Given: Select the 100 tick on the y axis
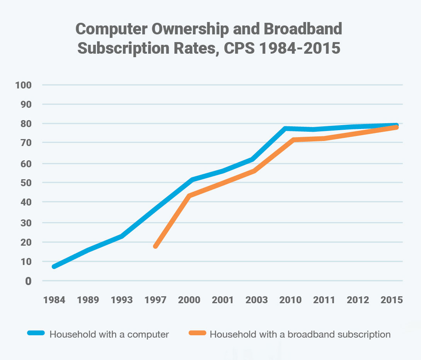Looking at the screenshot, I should pyautogui.click(x=23, y=85).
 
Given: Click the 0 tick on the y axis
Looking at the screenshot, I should pyautogui.click(x=28, y=281).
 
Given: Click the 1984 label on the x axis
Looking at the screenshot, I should pyautogui.click(x=55, y=300).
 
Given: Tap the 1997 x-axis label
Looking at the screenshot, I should pyautogui.click(x=155, y=300).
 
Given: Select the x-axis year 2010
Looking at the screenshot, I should pyautogui.click(x=290, y=300).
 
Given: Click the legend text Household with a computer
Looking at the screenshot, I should pyautogui.click(x=109, y=334).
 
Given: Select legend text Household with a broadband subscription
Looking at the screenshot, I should pyautogui.click(x=300, y=334).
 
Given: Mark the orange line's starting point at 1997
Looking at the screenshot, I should pyautogui.click(x=155, y=246).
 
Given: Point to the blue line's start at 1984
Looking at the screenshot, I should pyautogui.click(x=55, y=267).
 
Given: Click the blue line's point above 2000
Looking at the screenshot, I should pyautogui.click(x=192, y=180).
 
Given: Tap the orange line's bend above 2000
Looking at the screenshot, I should pyautogui.click(x=189, y=195).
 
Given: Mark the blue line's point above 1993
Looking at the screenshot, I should pyautogui.click(x=122, y=236).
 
